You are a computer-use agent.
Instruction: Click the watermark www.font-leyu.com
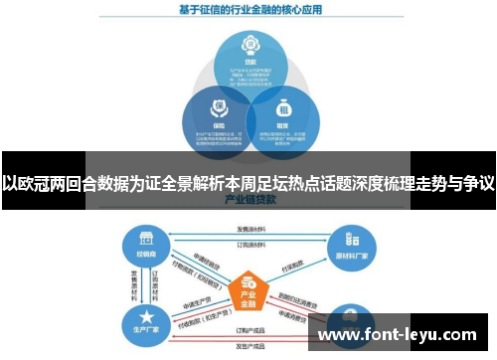tap(397, 335)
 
